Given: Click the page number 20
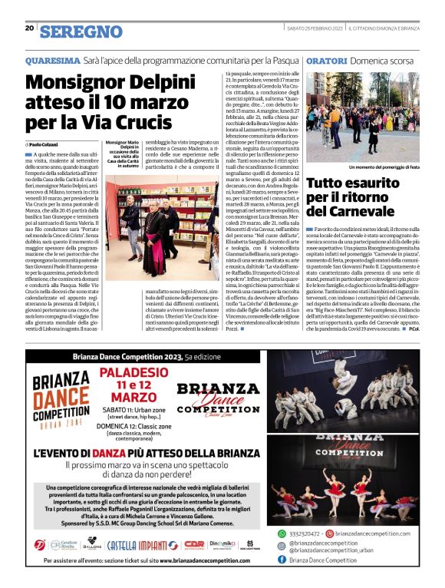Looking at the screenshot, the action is click(29, 28).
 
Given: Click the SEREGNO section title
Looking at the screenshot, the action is click(81, 31).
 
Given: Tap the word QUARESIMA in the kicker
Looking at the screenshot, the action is click(53, 60).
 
